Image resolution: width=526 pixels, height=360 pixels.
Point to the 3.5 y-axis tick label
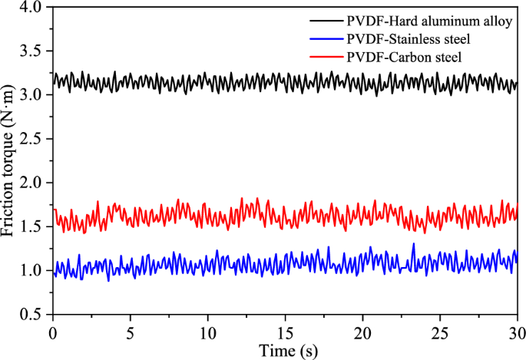[x=34, y=51]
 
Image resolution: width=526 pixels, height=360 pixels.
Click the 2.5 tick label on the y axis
[x=34, y=139]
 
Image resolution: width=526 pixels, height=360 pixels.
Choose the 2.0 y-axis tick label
[x=34, y=183]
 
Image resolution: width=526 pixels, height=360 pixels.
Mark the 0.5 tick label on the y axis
[x=34, y=314]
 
